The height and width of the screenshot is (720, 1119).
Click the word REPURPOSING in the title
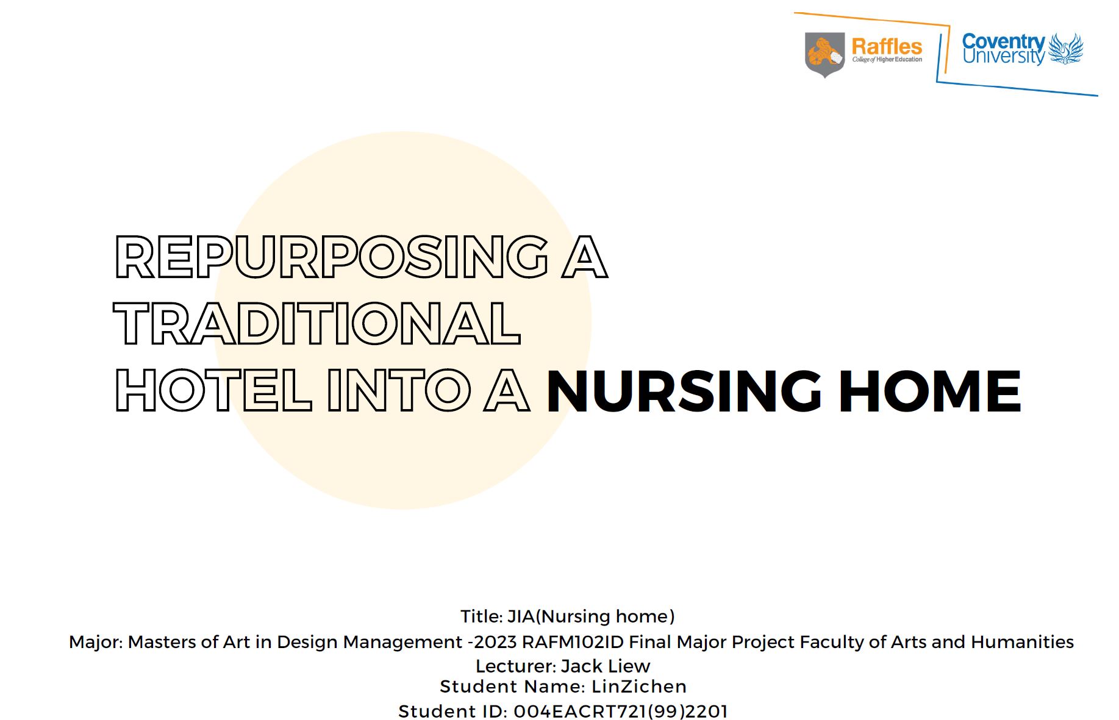tap(331, 257)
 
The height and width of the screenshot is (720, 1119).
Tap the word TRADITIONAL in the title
tap(317, 323)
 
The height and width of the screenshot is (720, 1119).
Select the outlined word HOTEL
tap(213, 390)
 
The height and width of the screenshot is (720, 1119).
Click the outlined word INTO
tap(399, 390)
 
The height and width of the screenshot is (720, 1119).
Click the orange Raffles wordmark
tap(887, 46)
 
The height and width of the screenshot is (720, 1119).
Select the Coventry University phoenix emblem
tap(1065, 49)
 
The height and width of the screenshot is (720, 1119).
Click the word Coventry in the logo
tap(1004, 41)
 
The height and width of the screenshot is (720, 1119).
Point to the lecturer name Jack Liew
tap(606, 666)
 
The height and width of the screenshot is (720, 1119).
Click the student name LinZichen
tap(639, 686)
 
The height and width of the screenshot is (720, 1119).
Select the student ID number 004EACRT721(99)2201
tap(621, 711)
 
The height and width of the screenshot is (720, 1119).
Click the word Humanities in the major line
tap(1022, 642)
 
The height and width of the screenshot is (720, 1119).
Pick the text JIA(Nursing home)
tap(591, 616)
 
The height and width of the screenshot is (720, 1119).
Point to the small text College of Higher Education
tap(887, 60)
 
